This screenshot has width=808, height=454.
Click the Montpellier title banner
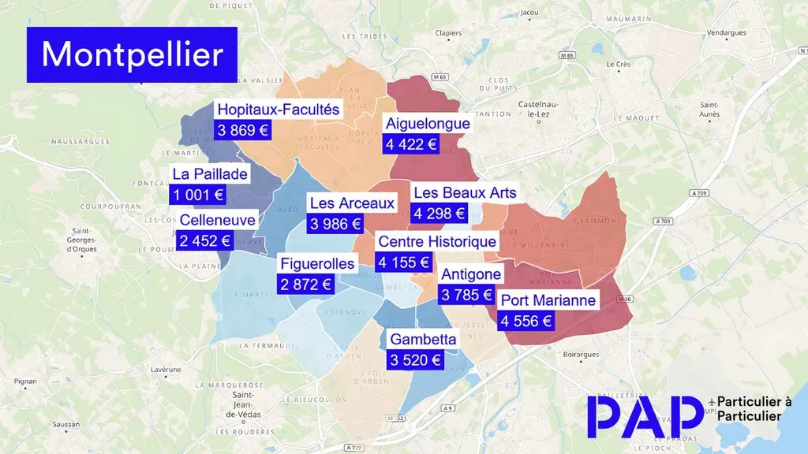point(132,54)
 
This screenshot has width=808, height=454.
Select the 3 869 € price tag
point(243,131)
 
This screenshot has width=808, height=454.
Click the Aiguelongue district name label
point(428,123)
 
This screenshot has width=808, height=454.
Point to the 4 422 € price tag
point(410,144)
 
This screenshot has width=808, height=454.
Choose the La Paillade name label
point(210,174)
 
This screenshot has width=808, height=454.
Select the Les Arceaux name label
point(352,203)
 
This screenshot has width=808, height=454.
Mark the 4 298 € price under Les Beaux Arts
point(438,213)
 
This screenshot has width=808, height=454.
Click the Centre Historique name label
point(437,241)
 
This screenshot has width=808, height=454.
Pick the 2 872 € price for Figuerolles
point(305,285)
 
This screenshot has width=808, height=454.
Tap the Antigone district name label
point(470,274)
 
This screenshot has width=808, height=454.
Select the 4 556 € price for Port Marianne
point(526,321)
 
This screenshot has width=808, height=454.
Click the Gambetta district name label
point(423,340)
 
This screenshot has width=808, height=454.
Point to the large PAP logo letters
point(644,416)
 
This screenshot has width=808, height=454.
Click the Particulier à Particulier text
point(754,408)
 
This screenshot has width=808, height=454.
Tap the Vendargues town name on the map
point(726,33)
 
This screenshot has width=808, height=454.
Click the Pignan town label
point(25,381)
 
